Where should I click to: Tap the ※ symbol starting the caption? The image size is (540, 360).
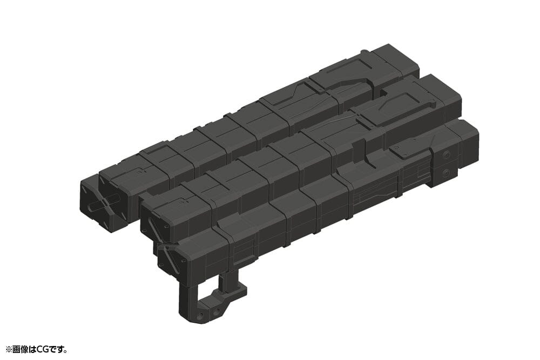[8, 350]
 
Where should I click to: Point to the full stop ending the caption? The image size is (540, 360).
[66, 351]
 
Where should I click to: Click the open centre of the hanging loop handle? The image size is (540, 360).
[207, 295]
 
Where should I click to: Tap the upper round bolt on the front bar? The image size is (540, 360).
[446, 155]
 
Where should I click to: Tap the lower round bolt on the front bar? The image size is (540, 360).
[446, 173]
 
